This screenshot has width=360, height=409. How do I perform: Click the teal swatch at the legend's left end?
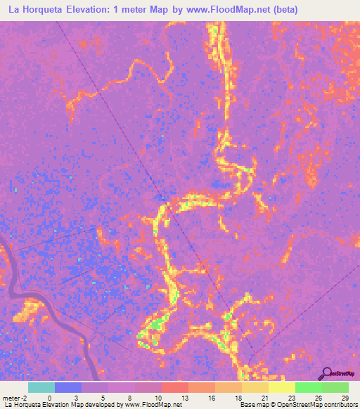(x=41, y=387)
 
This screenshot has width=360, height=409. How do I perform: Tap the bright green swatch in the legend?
(x=308, y=387)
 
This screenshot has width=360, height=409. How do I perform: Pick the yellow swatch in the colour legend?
(x=281, y=387)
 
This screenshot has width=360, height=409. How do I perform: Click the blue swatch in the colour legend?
(x=68, y=387)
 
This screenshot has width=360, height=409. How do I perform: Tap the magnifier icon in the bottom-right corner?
(x=328, y=373)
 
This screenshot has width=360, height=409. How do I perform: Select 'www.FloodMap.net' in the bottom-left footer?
(x=150, y=405)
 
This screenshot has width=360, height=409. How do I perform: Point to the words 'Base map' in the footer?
(x=251, y=405)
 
